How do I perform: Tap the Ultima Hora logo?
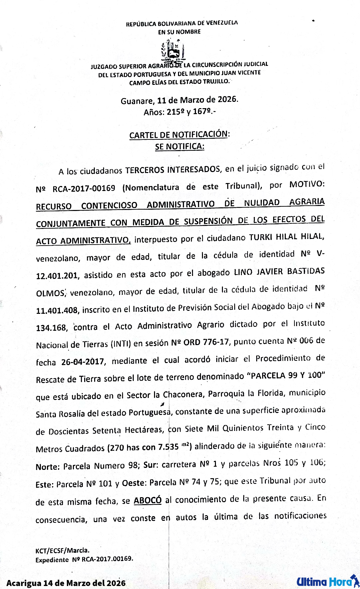tap(328, 581)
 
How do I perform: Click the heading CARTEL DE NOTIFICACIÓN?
tap(179, 135)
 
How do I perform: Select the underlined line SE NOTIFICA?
tap(179, 146)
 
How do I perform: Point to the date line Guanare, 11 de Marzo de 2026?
tap(179, 100)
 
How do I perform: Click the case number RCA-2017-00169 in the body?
tap(84, 188)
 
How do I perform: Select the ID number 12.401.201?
tap(57, 276)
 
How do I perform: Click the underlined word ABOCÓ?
tap(147, 500)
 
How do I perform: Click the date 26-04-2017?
tap(83, 362)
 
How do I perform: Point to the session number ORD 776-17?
tap(206, 342)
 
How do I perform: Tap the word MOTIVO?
tap(306, 184)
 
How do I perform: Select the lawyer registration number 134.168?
tap(51, 328)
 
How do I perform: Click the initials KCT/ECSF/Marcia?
tap(62, 550)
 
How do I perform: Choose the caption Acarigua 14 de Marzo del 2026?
tap(66, 583)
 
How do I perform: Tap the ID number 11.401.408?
tap(57, 310)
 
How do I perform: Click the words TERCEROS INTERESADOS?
tap(173, 170)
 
